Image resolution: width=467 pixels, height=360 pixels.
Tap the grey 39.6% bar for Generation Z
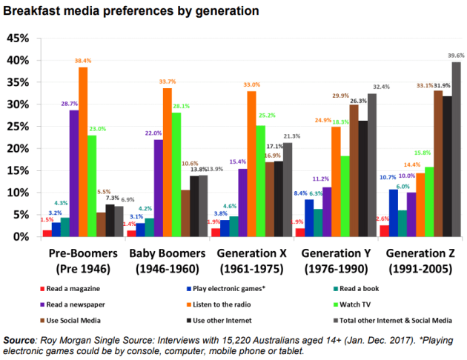point(454,149)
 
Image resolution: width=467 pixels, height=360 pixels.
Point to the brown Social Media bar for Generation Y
point(353,170)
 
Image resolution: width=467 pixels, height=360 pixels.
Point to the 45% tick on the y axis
point(16,38)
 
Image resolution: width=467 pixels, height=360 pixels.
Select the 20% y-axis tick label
point(16,148)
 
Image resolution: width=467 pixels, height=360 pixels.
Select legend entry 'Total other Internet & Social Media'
point(396,320)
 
